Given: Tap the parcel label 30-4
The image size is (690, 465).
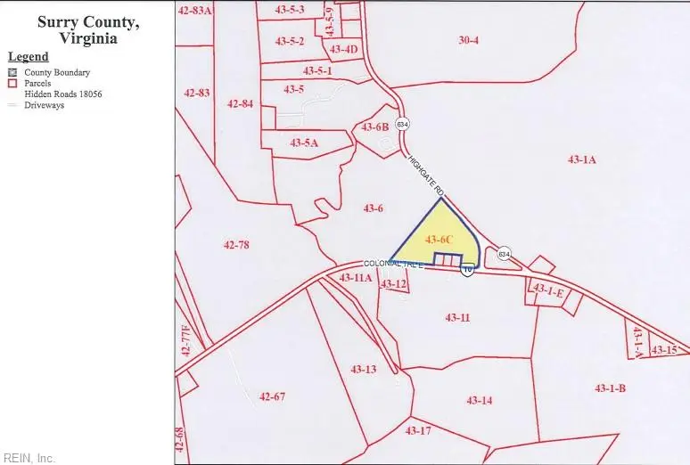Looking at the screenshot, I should [x=469, y=40].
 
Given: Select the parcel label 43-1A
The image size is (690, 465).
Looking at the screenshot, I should [x=581, y=159].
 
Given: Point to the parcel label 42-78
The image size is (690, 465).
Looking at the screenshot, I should [x=236, y=245].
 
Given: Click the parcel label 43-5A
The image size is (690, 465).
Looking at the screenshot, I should [x=304, y=143].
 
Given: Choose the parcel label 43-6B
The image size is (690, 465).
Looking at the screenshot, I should [x=375, y=127].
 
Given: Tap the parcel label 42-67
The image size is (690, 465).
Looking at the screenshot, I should [x=272, y=396].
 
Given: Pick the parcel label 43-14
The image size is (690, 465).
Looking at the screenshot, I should [x=480, y=400].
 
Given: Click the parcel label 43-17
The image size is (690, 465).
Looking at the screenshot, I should [x=418, y=431].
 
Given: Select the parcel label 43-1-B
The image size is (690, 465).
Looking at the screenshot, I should [x=610, y=387].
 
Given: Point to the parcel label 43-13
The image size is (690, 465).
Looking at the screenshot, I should [x=363, y=369].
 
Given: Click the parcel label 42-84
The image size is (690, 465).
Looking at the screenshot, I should [x=240, y=103].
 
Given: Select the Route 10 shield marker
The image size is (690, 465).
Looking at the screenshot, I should [x=467, y=269].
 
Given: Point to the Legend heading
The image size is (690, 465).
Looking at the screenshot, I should [x=28, y=57].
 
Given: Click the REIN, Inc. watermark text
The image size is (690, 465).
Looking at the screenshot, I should [x=28, y=458].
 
